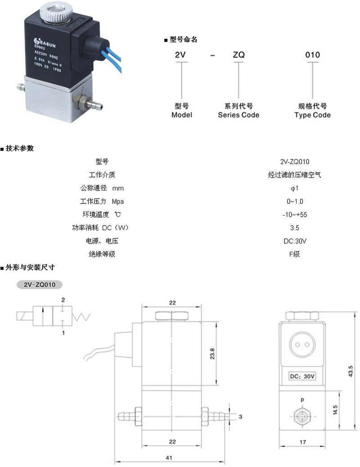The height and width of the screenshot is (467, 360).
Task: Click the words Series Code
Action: (x=238, y=115)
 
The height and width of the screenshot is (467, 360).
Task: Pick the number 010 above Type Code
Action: (x=312, y=55)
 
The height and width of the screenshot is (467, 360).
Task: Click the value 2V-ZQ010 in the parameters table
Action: (x=295, y=162)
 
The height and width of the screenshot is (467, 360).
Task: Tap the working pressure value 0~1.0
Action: (x=295, y=201)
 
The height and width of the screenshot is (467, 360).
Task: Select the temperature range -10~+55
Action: (x=295, y=214)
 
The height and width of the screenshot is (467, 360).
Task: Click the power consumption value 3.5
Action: (x=295, y=228)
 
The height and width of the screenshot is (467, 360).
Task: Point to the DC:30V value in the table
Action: (x=295, y=241)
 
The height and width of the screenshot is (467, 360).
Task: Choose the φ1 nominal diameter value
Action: (x=295, y=188)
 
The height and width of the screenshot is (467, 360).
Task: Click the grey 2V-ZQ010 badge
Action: (x=39, y=285)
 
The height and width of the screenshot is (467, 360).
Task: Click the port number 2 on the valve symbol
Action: (x=63, y=299)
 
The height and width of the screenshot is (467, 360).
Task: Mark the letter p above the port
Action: (x=302, y=399)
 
